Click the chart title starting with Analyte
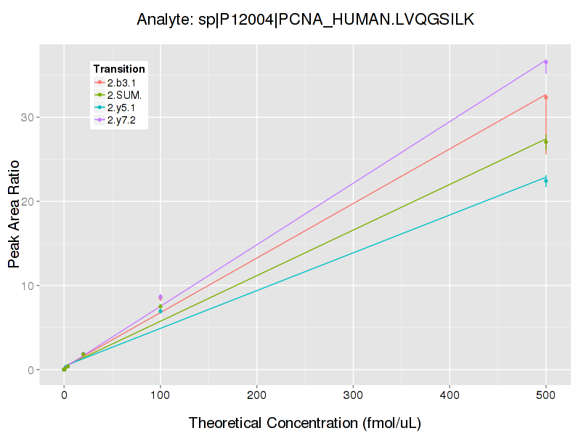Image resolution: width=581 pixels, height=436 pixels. [305, 20]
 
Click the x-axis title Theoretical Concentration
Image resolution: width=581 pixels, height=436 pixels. [305, 423]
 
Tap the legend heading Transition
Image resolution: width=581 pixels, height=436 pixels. [119, 69]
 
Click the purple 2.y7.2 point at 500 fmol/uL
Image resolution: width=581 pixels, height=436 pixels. [545, 62]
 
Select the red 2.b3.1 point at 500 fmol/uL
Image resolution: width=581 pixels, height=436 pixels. [545, 97]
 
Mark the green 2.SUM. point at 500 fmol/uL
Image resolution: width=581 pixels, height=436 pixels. [545, 141]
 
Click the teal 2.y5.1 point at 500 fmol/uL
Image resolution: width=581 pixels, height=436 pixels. [545, 180]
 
